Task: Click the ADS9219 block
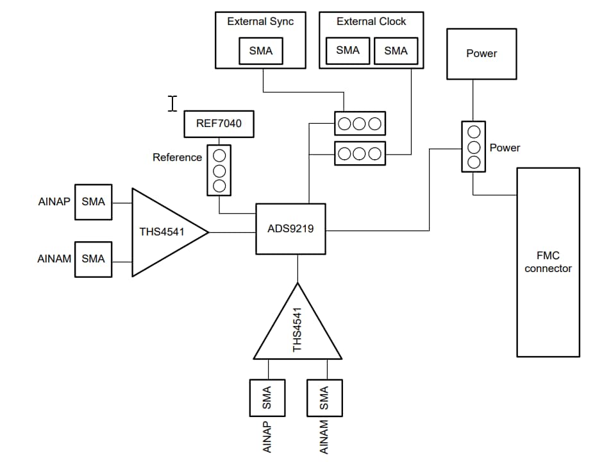pos(291,228)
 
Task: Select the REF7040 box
pos(219,123)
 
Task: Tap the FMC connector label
pos(548,262)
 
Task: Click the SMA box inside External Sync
pos(260,51)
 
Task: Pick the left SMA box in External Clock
pos(347,50)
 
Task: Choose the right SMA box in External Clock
pos(396,50)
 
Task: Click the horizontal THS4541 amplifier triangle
pos(163,232)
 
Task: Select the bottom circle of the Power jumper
pos(474,162)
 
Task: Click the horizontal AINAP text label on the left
pos(54,201)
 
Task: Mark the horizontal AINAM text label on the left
pos(54,259)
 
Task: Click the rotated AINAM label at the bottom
pos(324,437)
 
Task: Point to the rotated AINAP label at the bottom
pos(267,437)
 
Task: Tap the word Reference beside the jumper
pos(177,157)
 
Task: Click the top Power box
pos(481,53)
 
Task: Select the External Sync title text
pos(260,21)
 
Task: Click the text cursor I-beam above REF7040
pos(172,103)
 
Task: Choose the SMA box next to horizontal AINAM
pos(93,259)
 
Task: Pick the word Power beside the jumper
pos(505,148)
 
